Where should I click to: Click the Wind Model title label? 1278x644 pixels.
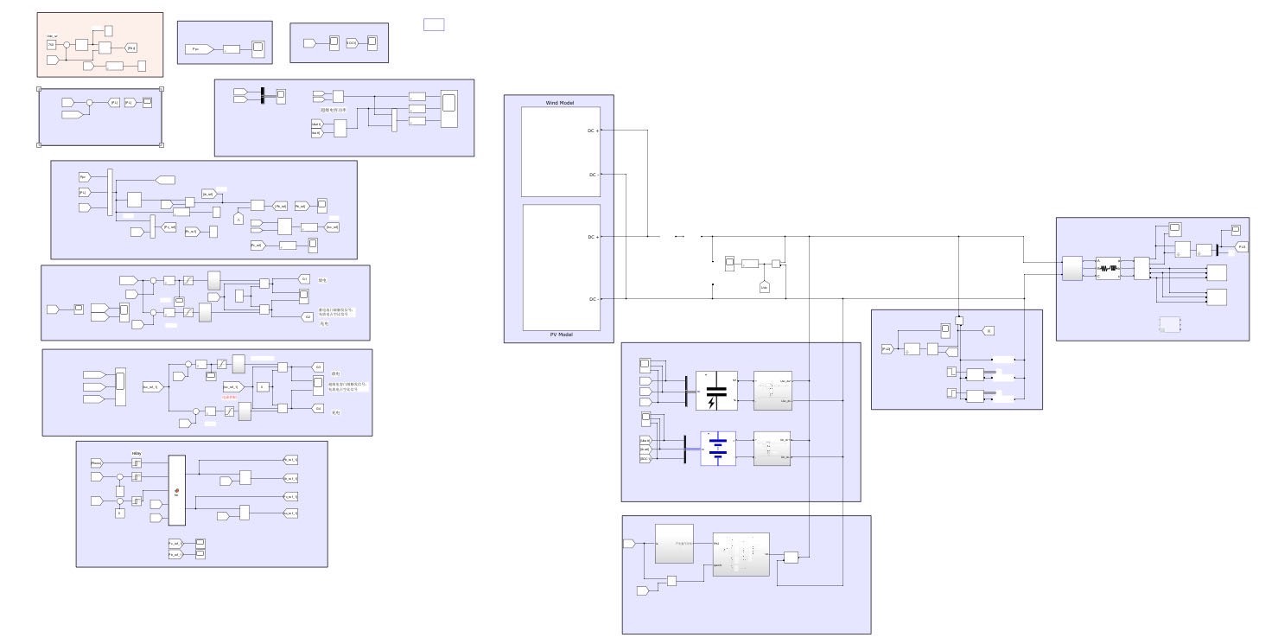pos(559,103)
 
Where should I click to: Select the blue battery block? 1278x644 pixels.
pos(717,449)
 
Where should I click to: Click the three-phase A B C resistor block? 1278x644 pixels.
pos(1108,267)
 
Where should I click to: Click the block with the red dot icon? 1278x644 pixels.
pos(176,490)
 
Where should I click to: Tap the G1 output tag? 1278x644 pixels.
pos(304,278)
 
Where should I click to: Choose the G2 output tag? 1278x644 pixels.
pos(307,316)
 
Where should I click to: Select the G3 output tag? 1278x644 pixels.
pos(318,367)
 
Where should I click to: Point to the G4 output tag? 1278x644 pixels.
pos(318,407)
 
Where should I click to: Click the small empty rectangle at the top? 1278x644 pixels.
pos(434,25)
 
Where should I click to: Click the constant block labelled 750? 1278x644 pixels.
pos(51,44)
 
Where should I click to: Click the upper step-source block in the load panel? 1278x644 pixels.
pos(951,372)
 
